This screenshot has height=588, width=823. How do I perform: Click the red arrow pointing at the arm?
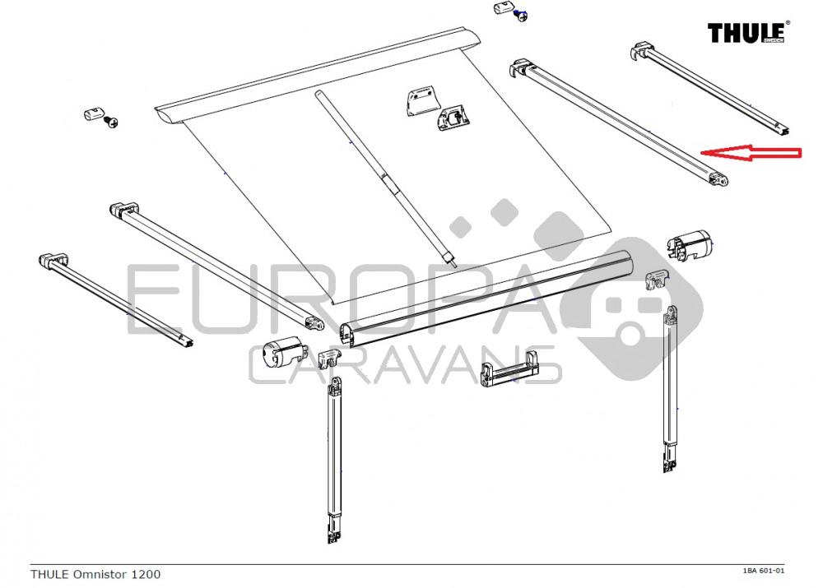point(749,152)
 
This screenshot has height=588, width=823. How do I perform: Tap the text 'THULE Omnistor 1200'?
point(95,573)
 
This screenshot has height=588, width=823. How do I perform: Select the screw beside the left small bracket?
point(111,123)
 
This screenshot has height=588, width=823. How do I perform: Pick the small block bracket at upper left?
point(92,113)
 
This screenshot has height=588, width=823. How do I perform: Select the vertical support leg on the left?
point(333,461)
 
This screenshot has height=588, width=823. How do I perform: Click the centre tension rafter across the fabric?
point(384,176)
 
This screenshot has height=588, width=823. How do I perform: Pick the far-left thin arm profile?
point(115,299)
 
